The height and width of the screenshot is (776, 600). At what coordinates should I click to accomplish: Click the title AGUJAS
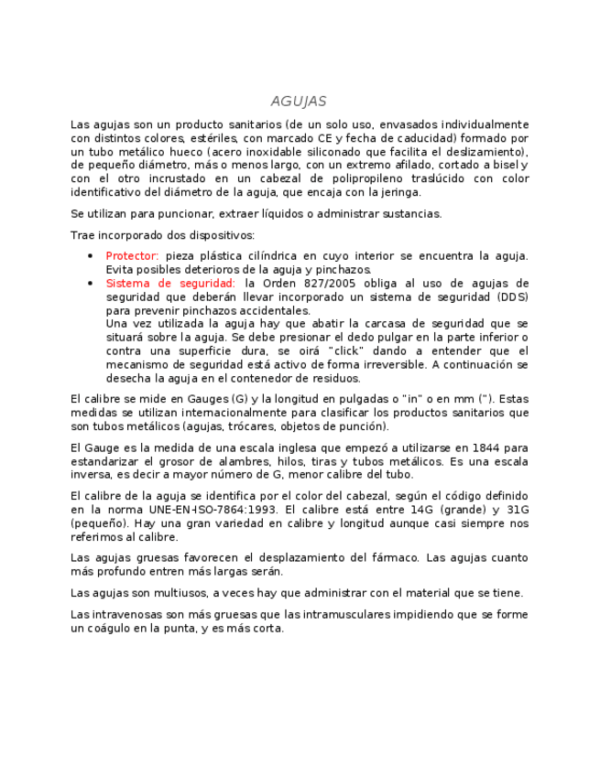(x=299, y=102)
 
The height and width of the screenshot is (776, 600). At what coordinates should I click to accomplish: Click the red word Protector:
(x=132, y=256)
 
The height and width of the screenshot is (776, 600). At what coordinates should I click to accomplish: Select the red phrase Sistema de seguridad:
(x=170, y=284)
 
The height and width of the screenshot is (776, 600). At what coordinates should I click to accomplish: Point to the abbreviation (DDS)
(x=513, y=297)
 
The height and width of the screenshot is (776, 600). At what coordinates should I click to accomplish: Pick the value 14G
(x=419, y=510)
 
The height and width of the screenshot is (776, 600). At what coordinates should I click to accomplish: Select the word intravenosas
(x=127, y=615)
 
